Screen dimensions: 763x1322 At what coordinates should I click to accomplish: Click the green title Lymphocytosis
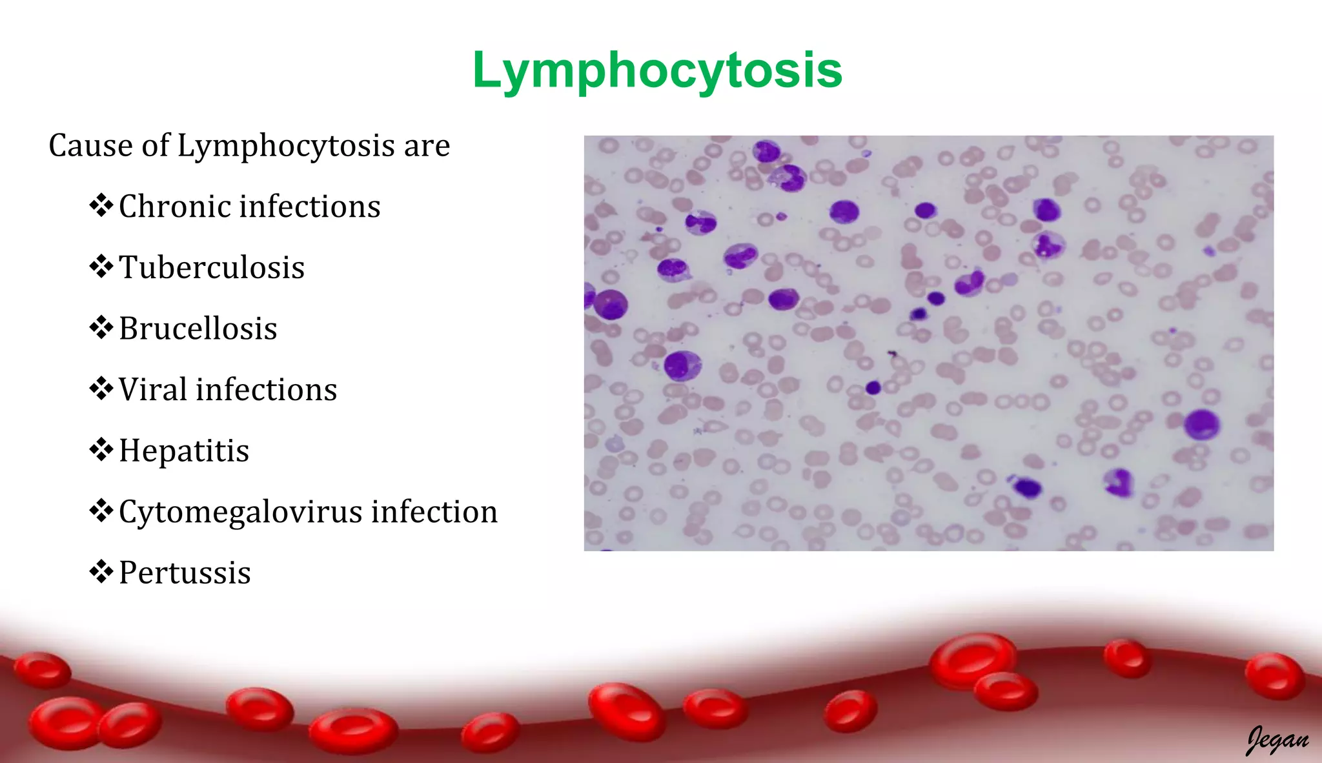tap(657, 70)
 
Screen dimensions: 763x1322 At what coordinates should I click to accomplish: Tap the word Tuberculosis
tap(212, 267)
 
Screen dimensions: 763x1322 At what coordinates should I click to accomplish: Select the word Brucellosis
tap(198, 329)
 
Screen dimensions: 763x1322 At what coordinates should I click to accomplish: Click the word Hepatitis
tap(184, 451)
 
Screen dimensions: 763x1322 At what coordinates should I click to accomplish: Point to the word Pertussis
tap(185, 573)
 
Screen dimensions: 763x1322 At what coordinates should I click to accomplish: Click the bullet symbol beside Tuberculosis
tap(101, 267)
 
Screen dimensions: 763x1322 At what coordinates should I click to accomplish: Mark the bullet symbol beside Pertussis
tap(101, 572)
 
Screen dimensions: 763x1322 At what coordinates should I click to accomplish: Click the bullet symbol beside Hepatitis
tap(101, 450)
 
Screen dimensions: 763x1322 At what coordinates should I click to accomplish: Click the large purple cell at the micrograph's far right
tap(1201, 424)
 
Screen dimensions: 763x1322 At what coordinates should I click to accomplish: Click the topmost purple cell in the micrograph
tap(766, 151)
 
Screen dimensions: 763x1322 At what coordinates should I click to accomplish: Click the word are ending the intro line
tap(427, 146)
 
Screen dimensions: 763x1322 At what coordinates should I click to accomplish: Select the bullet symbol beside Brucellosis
tap(101, 328)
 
